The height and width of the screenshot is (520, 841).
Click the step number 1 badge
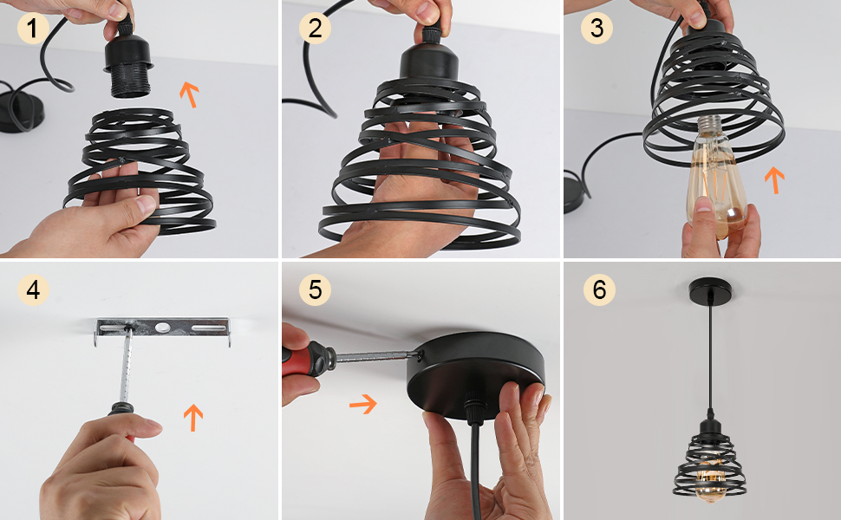tap(33, 28)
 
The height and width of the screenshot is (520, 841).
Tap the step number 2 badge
tap(315, 28)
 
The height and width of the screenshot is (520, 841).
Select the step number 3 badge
tap(597, 28)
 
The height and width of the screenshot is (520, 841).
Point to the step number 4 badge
tap(33, 290)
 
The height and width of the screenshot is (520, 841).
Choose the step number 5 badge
tap(315, 290)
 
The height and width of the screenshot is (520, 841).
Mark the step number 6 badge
tap(599, 290)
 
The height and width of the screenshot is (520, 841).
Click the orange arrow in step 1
tap(189, 94)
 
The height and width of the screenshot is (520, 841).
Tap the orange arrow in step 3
tap(774, 180)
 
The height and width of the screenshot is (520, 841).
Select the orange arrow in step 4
tap(193, 418)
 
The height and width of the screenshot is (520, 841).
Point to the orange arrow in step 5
tap(363, 404)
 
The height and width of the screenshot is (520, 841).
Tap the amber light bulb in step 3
tap(718, 177)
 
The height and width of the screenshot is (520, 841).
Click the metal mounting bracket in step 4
tap(162, 328)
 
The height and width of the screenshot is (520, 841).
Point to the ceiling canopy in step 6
tap(710, 289)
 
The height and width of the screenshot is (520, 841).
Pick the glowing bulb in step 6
tap(708, 478)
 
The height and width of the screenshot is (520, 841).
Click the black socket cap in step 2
tap(429, 62)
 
